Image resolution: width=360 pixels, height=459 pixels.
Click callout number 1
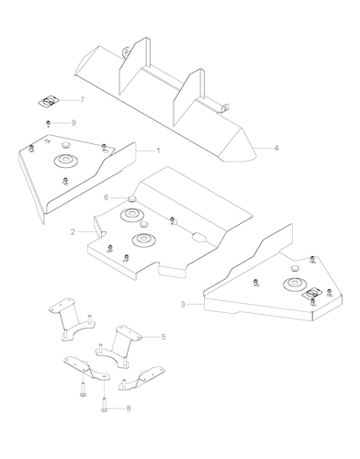[158, 151]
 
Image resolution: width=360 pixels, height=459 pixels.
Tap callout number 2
[73, 232]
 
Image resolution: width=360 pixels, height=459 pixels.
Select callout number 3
[183, 305]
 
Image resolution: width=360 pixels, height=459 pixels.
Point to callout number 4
[276, 148]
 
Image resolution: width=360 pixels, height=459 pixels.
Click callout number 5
[163, 337]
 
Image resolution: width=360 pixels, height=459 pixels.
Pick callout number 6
[107, 197]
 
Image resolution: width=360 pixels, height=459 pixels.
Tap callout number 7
[82, 100]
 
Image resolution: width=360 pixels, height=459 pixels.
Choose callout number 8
[129, 409]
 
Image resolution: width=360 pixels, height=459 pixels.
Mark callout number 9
[73, 123]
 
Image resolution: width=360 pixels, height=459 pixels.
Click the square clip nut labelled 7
[49, 101]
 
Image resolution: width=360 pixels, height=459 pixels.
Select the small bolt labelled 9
[48, 124]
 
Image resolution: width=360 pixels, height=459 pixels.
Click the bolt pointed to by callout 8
[104, 404]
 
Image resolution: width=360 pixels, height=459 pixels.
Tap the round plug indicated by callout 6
[132, 199]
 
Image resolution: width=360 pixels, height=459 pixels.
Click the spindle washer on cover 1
[65, 160]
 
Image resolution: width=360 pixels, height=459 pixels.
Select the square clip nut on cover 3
[311, 294]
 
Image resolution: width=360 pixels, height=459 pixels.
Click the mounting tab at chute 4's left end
[125, 51]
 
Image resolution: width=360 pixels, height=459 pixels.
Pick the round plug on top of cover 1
[66, 144]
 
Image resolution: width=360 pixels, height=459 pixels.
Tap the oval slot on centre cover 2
[199, 237]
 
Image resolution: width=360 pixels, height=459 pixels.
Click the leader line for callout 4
[263, 148]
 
